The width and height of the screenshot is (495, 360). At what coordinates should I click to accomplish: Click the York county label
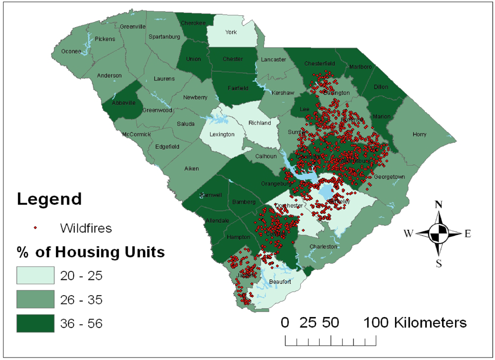tap(231, 32)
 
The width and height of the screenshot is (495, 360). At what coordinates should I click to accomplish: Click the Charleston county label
tap(323, 246)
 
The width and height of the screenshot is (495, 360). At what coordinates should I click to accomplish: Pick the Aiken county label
tap(192, 169)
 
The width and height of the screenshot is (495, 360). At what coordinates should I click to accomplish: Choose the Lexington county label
tap(221, 134)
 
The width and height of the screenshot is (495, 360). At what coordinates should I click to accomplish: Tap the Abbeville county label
tap(123, 103)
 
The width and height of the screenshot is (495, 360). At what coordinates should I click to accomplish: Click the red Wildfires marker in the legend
tap(35, 228)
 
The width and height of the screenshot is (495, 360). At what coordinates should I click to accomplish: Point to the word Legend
tap(49, 199)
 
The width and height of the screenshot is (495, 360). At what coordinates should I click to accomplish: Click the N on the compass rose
tap(438, 204)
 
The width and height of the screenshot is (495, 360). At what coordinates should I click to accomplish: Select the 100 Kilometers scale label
tap(416, 323)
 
